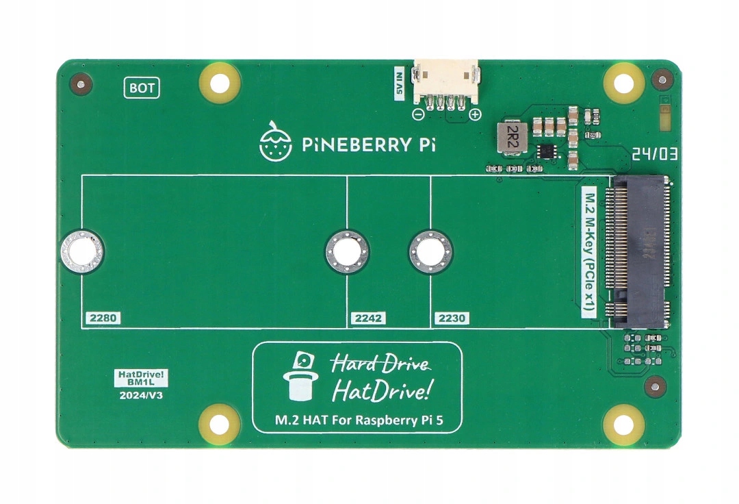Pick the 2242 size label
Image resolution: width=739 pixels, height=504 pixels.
tap(368, 318)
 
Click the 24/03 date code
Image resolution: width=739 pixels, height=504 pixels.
tap(655, 155)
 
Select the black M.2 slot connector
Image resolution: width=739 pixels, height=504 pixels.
tap(639, 251)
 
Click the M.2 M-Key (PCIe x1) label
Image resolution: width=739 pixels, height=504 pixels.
tap(588, 251)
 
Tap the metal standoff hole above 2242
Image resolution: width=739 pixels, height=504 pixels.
tap(347, 251)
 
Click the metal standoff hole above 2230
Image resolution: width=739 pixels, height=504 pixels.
tap(430, 251)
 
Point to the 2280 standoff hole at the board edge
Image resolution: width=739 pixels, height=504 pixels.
tap(82, 251)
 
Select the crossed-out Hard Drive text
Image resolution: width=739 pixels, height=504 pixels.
tap(381, 364)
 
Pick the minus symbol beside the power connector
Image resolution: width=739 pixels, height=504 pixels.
tap(418, 114)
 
